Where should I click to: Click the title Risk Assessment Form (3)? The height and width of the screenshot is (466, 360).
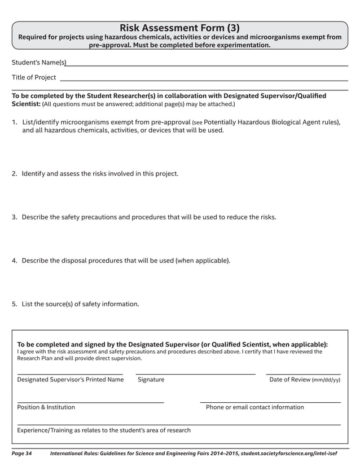[x=179, y=28]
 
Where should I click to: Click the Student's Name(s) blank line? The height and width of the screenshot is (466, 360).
[x=207, y=65]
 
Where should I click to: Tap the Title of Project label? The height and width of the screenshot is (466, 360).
[x=34, y=77]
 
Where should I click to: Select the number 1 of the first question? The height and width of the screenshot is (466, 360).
[x=14, y=122]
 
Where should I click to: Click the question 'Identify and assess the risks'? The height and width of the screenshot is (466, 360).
[x=100, y=174]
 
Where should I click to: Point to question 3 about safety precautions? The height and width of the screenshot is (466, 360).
[x=148, y=217]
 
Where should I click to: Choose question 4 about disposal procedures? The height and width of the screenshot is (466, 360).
[x=126, y=261]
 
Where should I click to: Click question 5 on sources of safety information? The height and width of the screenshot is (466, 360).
[x=80, y=304]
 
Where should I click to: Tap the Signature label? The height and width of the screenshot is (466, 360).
[x=151, y=380]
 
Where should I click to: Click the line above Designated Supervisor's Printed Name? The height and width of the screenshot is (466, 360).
[x=70, y=373]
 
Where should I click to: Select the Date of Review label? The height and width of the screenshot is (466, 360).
[x=305, y=380]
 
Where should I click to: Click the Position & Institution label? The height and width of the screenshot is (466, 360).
[x=46, y=407]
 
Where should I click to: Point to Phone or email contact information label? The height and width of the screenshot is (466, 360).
[x=254, y=407]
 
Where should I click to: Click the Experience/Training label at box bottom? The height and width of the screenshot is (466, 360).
[x=104, y=430]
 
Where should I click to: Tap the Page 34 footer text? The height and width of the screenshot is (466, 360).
[x=21, y=454]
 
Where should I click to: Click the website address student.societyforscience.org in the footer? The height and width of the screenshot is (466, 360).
[x=288, y=454]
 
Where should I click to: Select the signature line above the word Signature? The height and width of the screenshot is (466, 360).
[x=195, y=373]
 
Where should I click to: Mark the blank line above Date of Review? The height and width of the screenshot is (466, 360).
[x=303, y=373]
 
